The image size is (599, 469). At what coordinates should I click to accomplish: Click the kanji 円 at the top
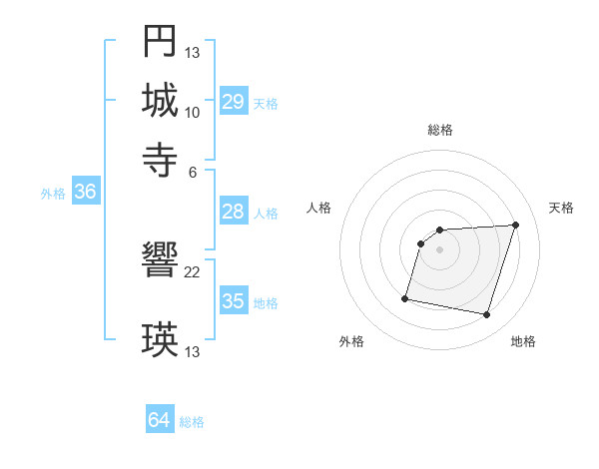pos(160,41)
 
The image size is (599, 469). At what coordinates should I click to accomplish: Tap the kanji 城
pos(160,100)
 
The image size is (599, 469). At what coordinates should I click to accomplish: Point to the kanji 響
pos(160,261)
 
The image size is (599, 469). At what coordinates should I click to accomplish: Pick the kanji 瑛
pos(160,340)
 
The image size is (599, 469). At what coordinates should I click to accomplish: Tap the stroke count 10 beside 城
pos(193,113)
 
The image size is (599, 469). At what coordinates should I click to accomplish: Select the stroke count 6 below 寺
pos(193,171)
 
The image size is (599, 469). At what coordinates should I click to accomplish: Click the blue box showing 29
pos(234,102)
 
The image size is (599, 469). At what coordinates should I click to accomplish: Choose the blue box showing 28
pos(234,212)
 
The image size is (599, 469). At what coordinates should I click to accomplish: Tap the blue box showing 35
pos(234,301)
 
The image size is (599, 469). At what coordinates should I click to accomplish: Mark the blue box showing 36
pos(85,192)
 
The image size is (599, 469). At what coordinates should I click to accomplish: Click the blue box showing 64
pos(160,420)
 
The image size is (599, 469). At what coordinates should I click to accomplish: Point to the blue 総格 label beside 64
pos(192,422)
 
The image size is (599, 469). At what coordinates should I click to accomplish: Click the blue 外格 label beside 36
pos(53,194)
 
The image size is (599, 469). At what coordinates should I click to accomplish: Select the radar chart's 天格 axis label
pos(561,208)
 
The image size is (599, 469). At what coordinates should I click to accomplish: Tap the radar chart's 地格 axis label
pos(523,341)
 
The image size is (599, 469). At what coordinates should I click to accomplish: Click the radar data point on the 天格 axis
pos(515,225)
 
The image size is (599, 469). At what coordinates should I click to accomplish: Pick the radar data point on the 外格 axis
pos(405,297)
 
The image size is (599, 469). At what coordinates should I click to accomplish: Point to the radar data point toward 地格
pos(486,315)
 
